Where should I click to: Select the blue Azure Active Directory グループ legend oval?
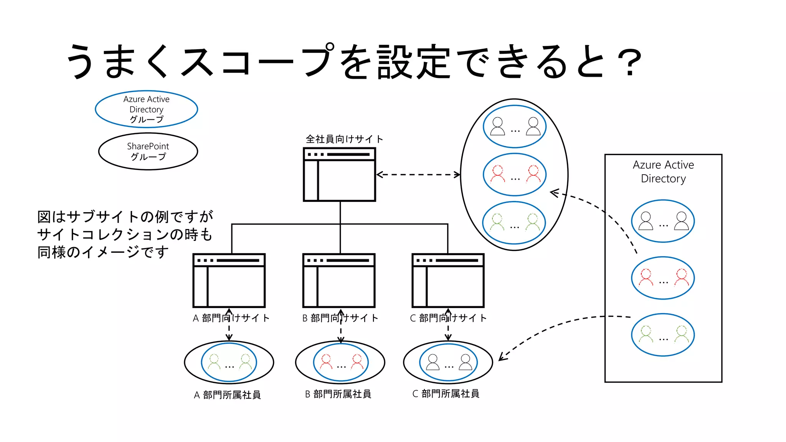(146, 109)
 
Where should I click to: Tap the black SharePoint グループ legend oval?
(148, 152)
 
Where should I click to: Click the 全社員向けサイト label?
(344, 139)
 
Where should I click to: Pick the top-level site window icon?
(339, 175)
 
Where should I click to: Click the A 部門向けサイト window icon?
(229, 280)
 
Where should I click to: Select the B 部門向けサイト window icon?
(339, 280)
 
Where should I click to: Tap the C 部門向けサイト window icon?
(448, 280)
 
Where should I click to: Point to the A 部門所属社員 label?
(227, 395)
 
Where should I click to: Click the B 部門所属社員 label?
(338, 394)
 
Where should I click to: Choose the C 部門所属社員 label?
(446, 394)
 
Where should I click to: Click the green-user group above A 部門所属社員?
(229, 363)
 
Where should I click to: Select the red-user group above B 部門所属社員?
(341, 363)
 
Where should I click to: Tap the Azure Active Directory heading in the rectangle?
(663, 172)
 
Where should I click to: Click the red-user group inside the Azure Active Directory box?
(663, 278)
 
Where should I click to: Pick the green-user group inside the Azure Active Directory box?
(663, 335)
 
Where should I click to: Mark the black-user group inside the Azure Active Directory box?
(663, 221)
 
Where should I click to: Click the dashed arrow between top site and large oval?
(418, 175)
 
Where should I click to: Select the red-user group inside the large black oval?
(514, 175)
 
